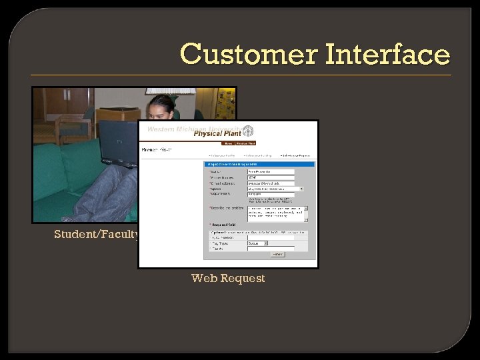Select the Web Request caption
point(228,278)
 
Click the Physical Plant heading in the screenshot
point(217,133)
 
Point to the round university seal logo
point(248,131)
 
